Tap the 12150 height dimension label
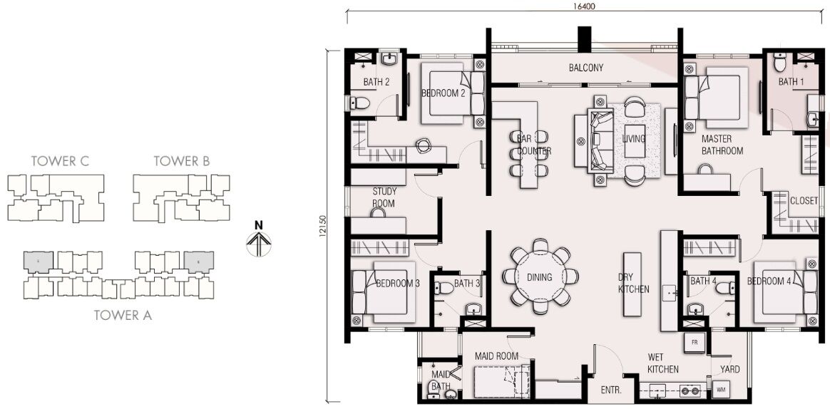point(323,225)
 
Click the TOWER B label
point(182,161)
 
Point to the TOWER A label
point(123,316)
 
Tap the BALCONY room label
point(586,68)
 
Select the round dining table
point(540,276)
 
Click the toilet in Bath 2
point(359,103)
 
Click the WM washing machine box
point(721,390)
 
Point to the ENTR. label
point(611,390)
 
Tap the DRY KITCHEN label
point(633,283)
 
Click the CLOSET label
point(804,201)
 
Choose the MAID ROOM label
point(496,356)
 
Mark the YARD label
point(730,369)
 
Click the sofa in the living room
point(600,139)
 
